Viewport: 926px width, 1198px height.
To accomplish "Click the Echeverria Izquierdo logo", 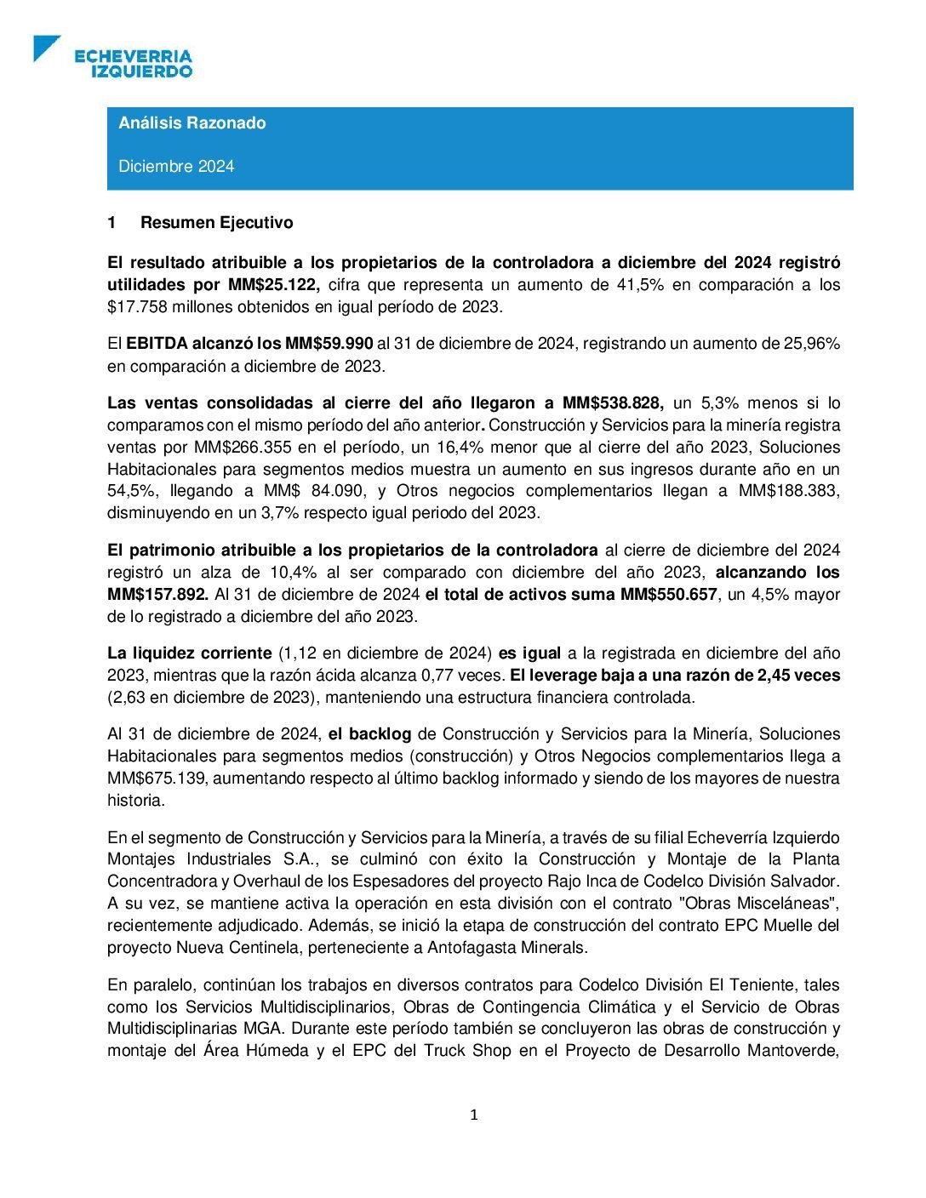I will pos(113,57).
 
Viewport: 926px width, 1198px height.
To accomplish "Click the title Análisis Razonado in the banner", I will pos(192,123).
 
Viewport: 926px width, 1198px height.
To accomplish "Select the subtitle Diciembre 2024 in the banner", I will pos(176,167).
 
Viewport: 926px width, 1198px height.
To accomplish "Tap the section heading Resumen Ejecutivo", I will pos(216,223).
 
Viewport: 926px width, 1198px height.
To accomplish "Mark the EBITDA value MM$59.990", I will pos(329,344).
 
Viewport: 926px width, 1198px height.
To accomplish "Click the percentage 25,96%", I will pos(809,344).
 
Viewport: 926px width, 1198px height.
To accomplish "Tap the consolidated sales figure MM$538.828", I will pos(612,403).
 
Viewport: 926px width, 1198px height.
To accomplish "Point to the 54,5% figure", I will pos(133,492).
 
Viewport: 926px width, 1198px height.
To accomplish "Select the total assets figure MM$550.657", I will pos(668,595).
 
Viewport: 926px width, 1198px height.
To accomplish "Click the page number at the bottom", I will pos(474,1115).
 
